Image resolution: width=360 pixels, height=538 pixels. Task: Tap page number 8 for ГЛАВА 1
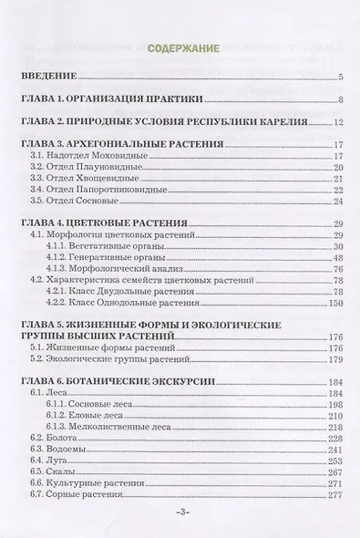click(x=338, y=99)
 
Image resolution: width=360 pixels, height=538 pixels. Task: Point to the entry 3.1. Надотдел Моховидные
click(x=87, y=156)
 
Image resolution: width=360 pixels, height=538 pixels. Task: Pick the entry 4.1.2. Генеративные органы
click(x=106, y=257)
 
